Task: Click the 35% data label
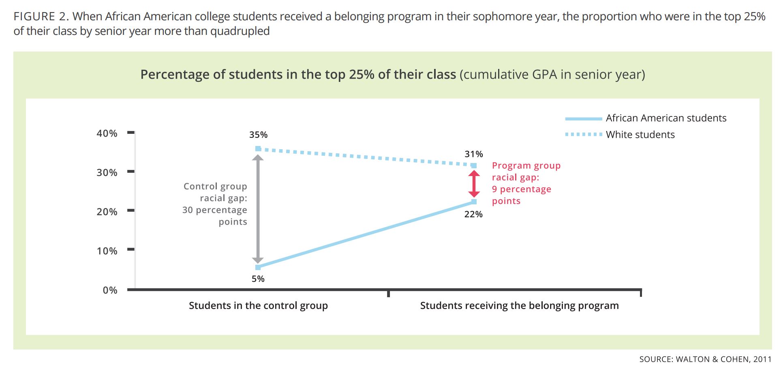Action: coord(258,135)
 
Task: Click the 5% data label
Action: coord(258,279)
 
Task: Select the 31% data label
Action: coord(474,154)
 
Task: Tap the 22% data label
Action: coord(473,214)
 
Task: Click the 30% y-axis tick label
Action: coord(107,172)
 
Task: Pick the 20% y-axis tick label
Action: coord(107,212)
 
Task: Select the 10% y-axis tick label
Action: coord(107,251)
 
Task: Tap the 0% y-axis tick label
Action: coord(110,290)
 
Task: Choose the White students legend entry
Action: coord(640,135)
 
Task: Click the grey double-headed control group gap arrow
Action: coord(258,209)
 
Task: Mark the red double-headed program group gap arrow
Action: coord(474,184)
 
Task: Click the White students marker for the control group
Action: coord(258,149)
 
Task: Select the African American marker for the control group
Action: coord(258,267)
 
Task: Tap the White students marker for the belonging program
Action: coord(474,165)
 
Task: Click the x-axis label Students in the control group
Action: coord(258,305)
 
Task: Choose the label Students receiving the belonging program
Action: coord(519,305)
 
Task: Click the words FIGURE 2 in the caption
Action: coord(41,17)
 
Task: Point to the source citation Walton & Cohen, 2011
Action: coord(705,359)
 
